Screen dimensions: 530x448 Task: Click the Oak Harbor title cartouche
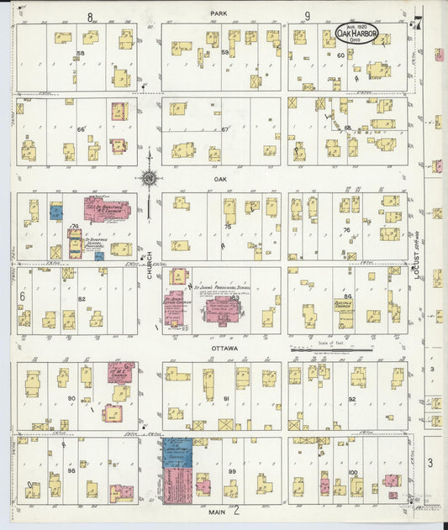click(356, 34)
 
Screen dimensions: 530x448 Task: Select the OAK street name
click(221, 178)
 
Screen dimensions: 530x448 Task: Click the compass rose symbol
click(149, 177)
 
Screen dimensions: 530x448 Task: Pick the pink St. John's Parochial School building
click(223, 309)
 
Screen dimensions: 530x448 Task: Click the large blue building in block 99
click(177, 453)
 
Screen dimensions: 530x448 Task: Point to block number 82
click(82, 298)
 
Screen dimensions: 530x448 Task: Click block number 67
click(225, 129)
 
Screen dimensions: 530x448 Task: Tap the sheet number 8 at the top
click(89, 16)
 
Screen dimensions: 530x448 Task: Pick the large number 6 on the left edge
click(23, 296)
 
